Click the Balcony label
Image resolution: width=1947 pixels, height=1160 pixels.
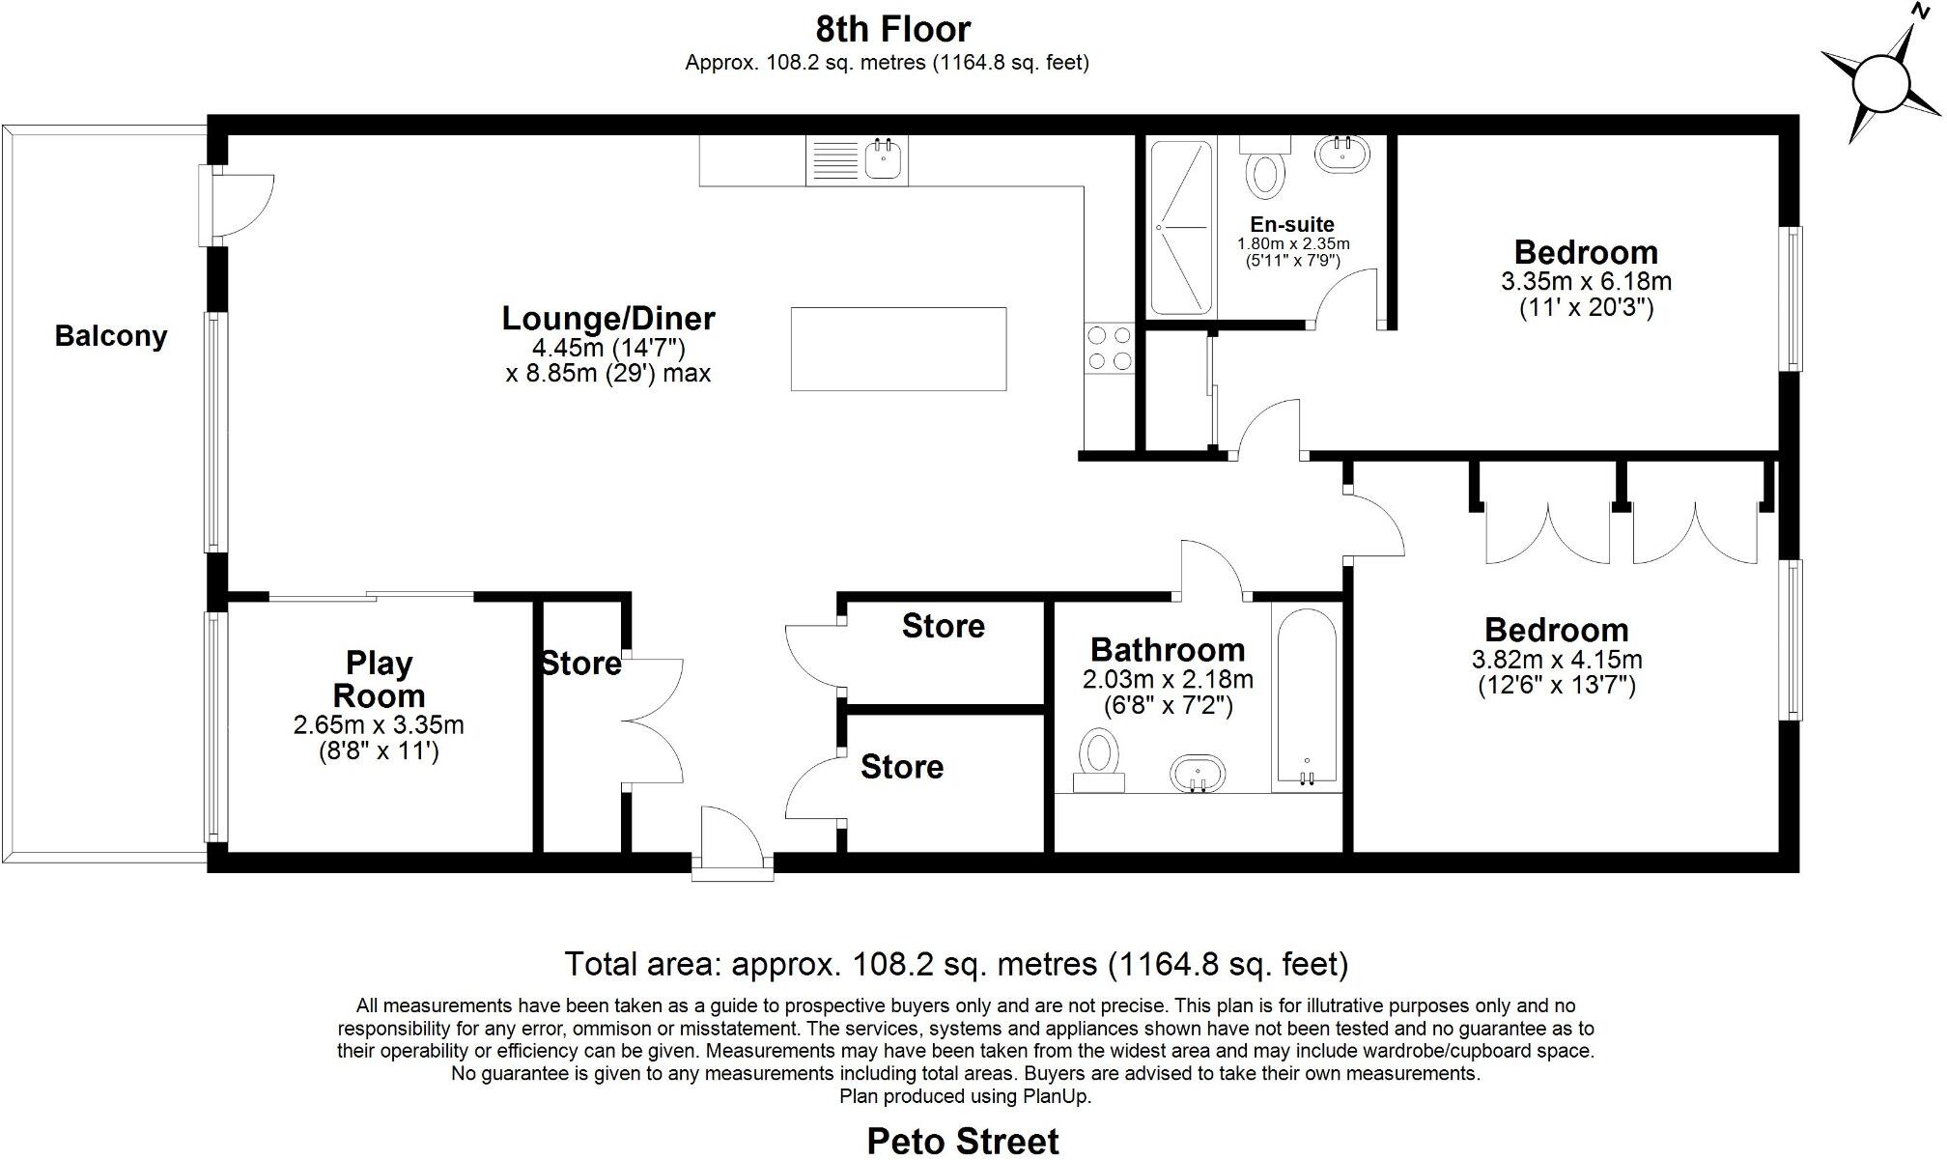(x=111, y=336)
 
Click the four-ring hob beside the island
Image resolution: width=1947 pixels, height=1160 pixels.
(x=1109, y=348)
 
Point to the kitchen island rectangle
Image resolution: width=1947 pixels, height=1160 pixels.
(x=898, y=349)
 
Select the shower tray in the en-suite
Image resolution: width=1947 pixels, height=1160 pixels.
(x=1181, y=228)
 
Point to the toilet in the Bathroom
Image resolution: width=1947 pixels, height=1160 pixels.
(x=1099, y=759)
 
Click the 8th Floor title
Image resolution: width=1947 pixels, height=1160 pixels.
(x=892, y=30)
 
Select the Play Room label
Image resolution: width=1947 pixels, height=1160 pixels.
(x=379, y=679)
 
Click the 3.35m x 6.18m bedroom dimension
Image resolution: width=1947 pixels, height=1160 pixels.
(x=1586, y=282)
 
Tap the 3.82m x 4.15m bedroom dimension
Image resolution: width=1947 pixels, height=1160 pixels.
(x=1557, y=660)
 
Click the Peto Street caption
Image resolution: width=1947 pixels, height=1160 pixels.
(x=962, y=1141)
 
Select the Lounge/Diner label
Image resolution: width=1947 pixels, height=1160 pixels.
(x=608, y=318)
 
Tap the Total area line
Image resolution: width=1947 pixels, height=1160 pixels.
(x=956, y=964)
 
